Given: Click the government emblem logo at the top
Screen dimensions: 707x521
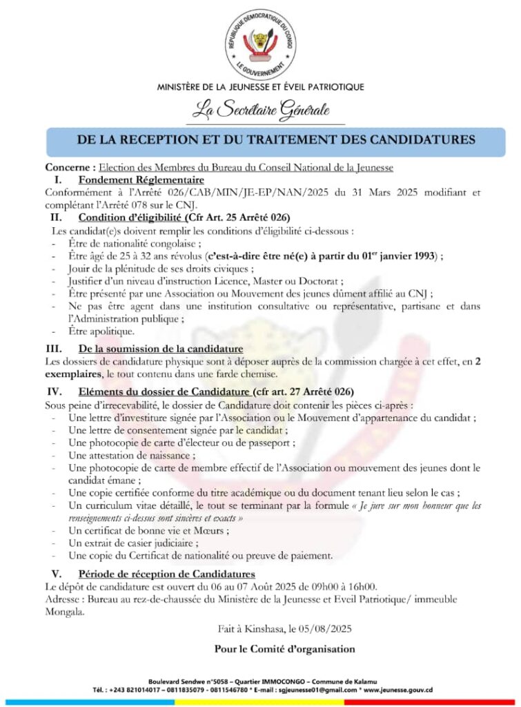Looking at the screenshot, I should pyautogui.click(x=261, y=43).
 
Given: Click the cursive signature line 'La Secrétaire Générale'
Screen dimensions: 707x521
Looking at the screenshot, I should pyautogui.click(x=261, y=110).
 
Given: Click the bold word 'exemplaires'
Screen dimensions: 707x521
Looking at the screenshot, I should pyautogui.click(x=74, y=374).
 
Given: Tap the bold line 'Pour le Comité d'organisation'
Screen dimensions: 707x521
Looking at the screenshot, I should pyautogui.click(x=284, y=649).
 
